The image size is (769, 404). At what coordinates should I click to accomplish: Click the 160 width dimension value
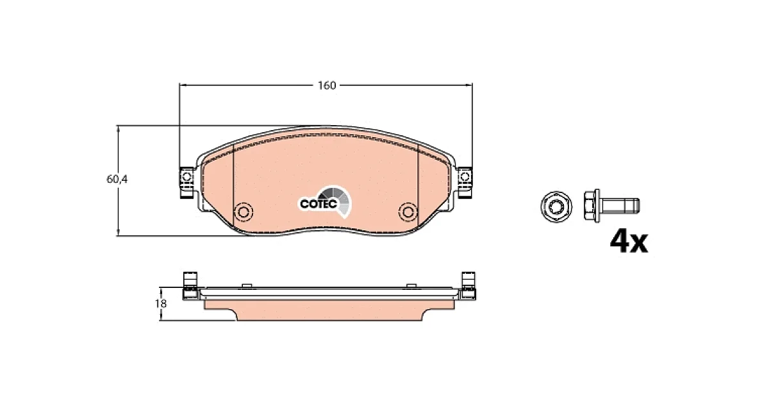tap(326, 85)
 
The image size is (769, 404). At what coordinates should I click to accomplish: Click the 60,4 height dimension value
tap(117, 179)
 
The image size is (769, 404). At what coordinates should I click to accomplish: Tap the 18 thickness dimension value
tap(161, 304)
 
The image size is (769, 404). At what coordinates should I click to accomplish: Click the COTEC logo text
tap(318, 204)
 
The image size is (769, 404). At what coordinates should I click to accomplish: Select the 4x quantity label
tap(629, 242)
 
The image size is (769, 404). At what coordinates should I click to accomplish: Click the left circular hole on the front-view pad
tap(244, 212)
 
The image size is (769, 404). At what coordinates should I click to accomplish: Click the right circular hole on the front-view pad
tap(408, 212)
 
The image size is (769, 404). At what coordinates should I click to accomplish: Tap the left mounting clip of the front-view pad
tap(186, 183)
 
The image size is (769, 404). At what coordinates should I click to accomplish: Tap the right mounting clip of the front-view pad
tap(465, 183)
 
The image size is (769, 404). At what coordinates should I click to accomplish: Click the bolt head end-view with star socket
tap(556, 206)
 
